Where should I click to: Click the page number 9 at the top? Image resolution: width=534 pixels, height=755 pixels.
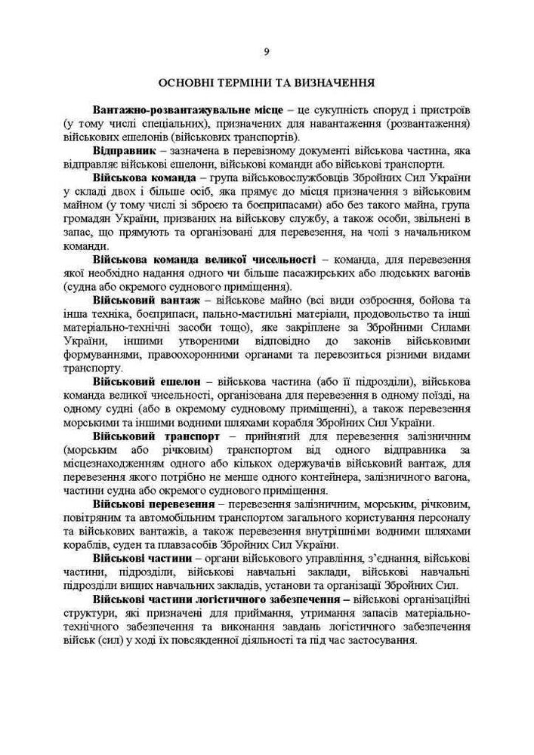pyautogui.click(x=267, y=51)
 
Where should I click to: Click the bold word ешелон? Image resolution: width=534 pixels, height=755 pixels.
pyautogui.click(x=181, y=382)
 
